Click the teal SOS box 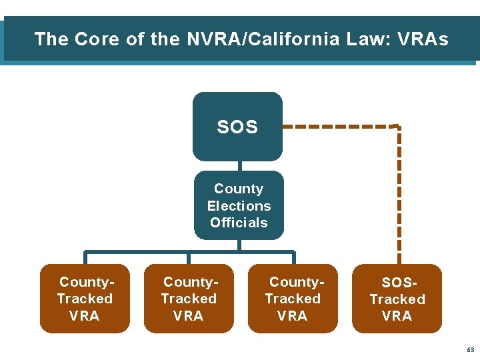[237, 127]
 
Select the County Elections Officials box [239, 205]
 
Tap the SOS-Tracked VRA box [397, 299]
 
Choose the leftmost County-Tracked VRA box [85, 299]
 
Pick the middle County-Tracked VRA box [189, 299]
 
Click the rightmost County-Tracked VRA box [293, 299]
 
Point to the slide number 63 [471, 349]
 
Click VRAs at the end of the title [423, 39]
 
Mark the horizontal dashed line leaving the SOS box [340, 126]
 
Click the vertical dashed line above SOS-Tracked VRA [399, 200]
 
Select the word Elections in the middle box [239, 206]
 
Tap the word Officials [239, 223]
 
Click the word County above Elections [239, 189]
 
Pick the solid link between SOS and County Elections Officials [238, 166]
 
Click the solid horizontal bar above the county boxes [189, 252]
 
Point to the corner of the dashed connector [398, 127]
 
